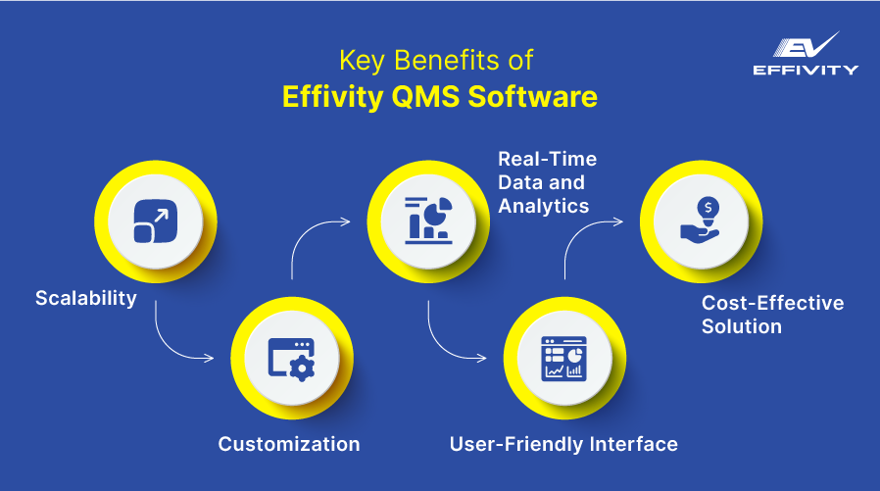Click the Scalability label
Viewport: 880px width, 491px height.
tap(86, 298)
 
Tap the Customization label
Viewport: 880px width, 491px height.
tap(289, 444)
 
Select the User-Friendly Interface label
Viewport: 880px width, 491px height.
tap(563, 444)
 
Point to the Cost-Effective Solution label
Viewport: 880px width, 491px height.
tap(772, 315)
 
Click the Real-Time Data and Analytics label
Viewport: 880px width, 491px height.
tap(547, 182)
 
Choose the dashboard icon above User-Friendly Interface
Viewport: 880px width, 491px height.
tap(563, 358)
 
